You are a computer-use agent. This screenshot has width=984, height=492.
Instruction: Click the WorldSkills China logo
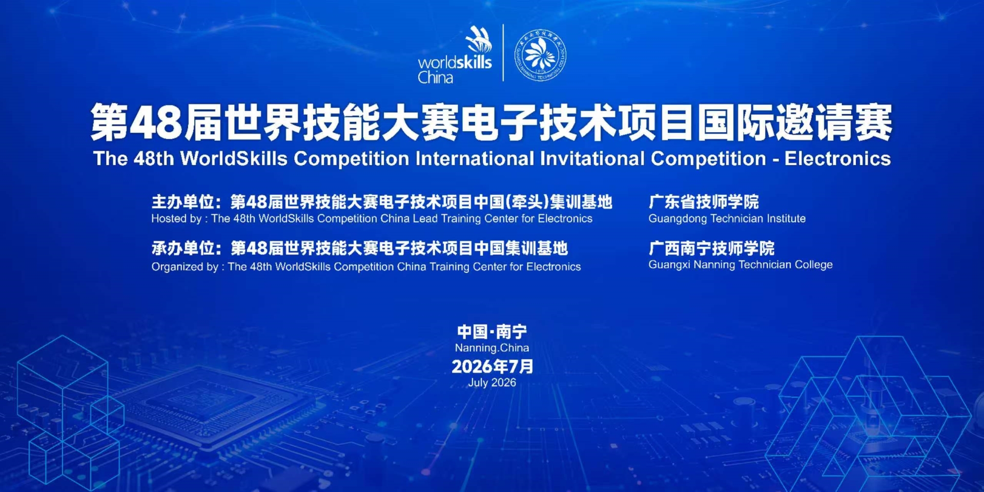pos(455,55)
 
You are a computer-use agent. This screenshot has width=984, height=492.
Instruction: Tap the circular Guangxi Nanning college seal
pos(540,55)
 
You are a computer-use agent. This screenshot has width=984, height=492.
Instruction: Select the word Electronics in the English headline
pos(837,159)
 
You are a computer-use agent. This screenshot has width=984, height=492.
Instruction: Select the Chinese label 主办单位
pos(182,202)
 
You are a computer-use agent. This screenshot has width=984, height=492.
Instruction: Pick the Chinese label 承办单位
pos(182,249)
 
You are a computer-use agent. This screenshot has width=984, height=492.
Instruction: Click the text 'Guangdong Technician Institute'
pos(727,219)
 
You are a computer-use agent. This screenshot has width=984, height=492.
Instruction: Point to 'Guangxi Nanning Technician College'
pos(741,265)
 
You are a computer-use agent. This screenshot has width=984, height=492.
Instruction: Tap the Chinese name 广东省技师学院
pos(704,202)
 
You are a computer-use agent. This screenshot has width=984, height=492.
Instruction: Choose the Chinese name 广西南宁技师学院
pos(711,249)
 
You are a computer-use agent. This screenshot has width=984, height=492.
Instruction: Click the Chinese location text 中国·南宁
pos(492,332)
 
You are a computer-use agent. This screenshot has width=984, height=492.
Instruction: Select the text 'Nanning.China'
pos(492,348)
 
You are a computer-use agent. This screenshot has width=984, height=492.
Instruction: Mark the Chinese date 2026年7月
pos(493,366)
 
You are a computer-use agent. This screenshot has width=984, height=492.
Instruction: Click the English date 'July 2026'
pos(492,383)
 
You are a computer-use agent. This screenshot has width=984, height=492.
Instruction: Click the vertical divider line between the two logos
pos(503,53)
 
